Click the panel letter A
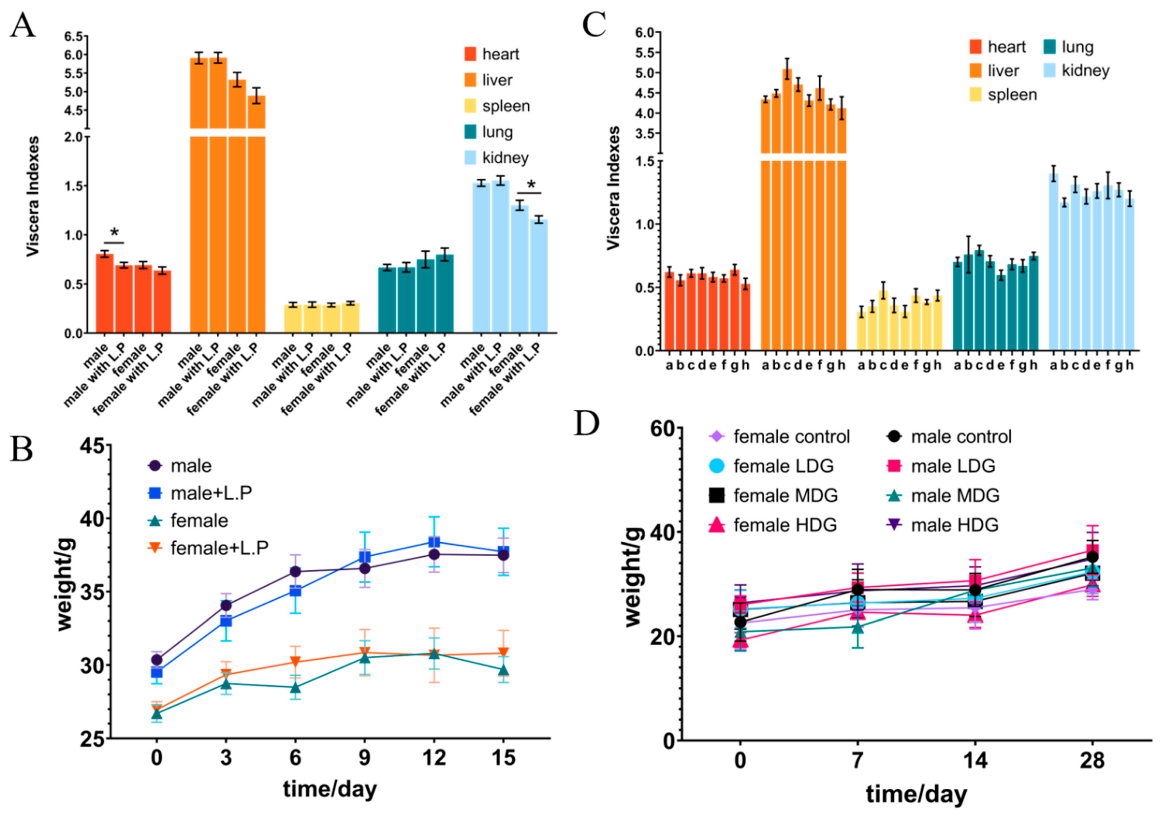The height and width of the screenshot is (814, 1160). [x=23, y=25]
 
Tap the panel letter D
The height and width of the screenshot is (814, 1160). [x=587, y=423]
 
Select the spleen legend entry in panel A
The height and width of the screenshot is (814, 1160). [x=497, y=106]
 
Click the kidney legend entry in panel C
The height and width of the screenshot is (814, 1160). [x=1076, y=71]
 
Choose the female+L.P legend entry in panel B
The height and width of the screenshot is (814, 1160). [x=209, y=548]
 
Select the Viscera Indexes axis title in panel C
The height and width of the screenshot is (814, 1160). [x=613, y=188]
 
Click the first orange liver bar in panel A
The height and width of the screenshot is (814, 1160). [x=199, y=202]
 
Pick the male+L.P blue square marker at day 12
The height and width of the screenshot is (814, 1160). [x=434, y=542]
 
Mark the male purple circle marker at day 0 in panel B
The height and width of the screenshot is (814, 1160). [x=157, y=660]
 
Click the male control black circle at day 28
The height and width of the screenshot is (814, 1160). [x=1092, y=557]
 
